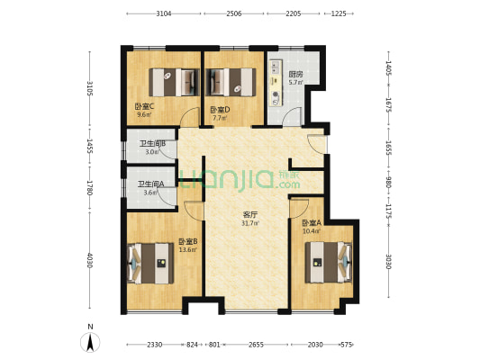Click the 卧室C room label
(x=144, y=106)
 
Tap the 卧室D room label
(x=220, y=110)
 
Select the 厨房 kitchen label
(x=295, y=75)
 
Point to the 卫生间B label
(x=153, y=143)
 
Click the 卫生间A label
(x=151, y=184)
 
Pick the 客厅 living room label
(x=250, y=215)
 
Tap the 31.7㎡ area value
(x=250, y=223)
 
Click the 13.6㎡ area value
(x=188, y=249)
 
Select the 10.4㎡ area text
(x=312, y=231)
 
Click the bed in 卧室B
(x=150, y=263)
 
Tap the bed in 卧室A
(x=328, y=262)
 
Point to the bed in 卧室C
(x=174, y=82)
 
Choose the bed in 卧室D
(x=231, y=82)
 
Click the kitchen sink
(x=276, y=67)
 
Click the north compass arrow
(x=90, y=343)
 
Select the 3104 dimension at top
(x=164, y=13)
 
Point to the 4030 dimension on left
(x=89, y=260)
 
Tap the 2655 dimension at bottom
(x=256, y=345)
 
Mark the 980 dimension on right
(x=388, y=184)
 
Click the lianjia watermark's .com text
(x=288, y=184)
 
